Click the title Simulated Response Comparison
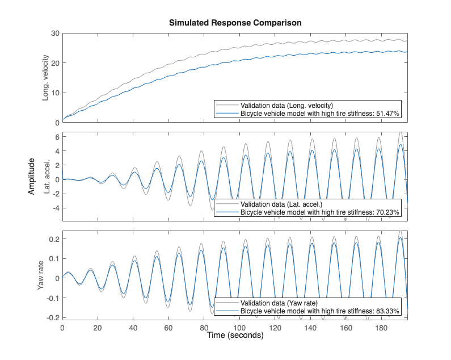(235, 23)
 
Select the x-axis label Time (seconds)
(235, 336)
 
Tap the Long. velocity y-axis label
(46, 78)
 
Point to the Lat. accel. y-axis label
(46, 177)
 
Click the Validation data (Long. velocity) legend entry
(286, 105)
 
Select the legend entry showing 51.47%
(320, 114)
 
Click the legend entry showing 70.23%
(320, 212)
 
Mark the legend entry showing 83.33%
(320, 311)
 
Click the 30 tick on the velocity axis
(55, 34)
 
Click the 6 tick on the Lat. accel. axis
(57, 136)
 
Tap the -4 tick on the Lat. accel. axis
(55, 208)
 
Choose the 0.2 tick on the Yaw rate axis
(53, 240)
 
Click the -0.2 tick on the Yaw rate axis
(52, 317)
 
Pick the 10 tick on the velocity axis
(55, 93)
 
